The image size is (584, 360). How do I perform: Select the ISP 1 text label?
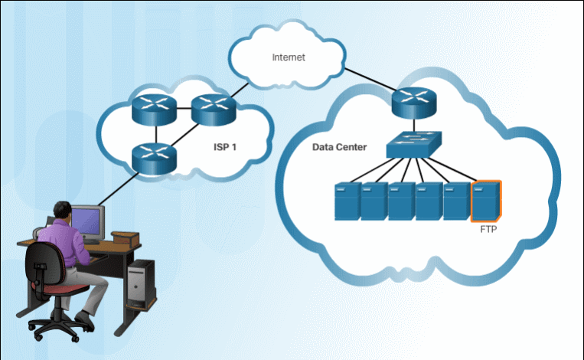227,147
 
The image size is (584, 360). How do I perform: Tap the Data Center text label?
339,146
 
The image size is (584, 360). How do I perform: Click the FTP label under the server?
488,228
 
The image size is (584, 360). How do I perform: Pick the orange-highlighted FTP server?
486,201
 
